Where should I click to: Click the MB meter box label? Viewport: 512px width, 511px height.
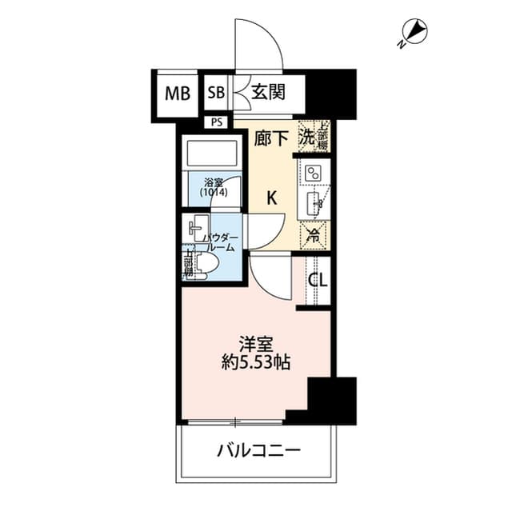[178, 93]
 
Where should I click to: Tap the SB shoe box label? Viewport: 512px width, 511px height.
[216, 93]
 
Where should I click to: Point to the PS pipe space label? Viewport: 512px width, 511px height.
[217, 122]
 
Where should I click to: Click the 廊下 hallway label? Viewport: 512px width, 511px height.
[272, 139]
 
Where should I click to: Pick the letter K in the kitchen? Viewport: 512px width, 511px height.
[271, 198]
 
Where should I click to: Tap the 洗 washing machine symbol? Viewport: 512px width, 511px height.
[306, 137]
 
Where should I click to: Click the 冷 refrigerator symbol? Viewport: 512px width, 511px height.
[314, 236]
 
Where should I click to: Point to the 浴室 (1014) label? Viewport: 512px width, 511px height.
[212, 188]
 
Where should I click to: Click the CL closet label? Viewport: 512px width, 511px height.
[318, 280]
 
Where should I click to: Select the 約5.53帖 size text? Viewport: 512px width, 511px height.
[257, 362]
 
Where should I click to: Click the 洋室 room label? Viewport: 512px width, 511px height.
[257, 344]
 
